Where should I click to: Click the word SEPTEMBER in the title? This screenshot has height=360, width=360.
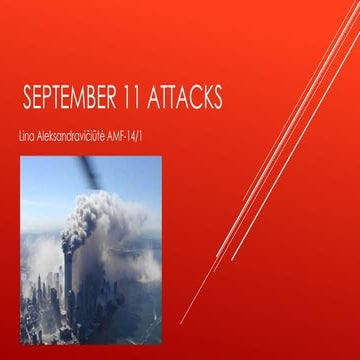click(x=74, y=100)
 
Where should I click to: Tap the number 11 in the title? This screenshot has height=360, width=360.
click(x=136, y=100)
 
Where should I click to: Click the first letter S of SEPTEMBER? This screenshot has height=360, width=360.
click(x=28, y=100)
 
